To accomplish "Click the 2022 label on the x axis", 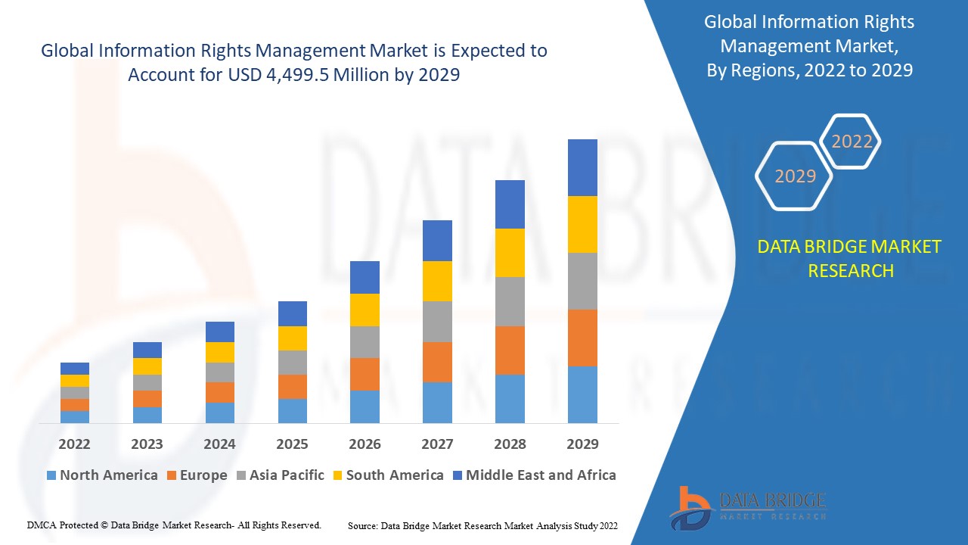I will pyautogui.click(x=74, y=444).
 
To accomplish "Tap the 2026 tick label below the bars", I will pyautogui.click(x=365, y=444).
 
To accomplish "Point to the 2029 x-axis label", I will pyautogui.click(x=582, y=444).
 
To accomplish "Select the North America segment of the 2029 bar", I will pyautogui.click(x=582, y=394).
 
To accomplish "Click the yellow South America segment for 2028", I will pyautogui.click(x=510, y=252).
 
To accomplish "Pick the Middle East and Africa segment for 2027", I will pyautogui.click(x=437, y=241).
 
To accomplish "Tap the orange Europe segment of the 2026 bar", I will pyautogui.click(x=365, y=374).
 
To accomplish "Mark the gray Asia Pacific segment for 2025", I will pyautogui.click(x=292, y=363).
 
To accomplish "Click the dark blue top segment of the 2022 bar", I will pyautogui.click(x=74, y=369).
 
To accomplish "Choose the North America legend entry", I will pyautogui.click(x=102, y=475).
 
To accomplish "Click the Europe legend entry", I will pyautogui.click(x=196, y=475).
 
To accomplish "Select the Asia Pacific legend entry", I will pyautogui.click(x=279, y=475).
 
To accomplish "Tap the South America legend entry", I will pyautogui.click(x=387, y=475).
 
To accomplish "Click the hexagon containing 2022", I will pyautogui.click(x=852, y=142).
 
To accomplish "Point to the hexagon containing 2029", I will pyautogui.click(x=795, y=176).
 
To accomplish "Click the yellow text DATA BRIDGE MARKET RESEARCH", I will pyautogui.click(x=850, y=259).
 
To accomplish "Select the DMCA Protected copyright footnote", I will pyautogui.click(x=174, y=525).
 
